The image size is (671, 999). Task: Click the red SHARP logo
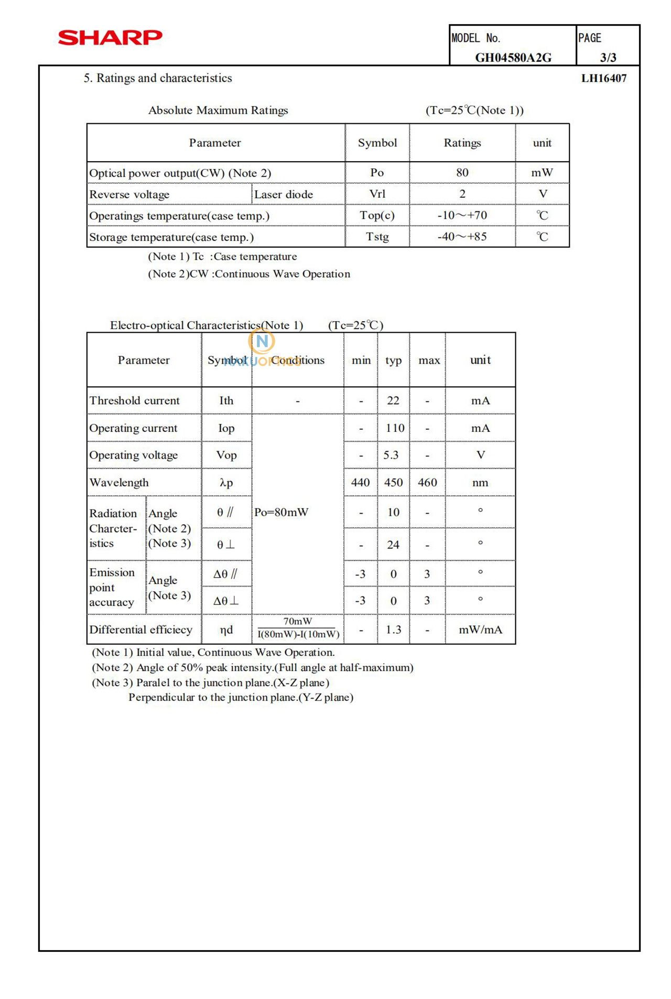click(x=110, y=38)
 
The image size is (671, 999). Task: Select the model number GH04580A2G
click(x=513, y=58)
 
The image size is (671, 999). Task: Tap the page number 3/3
click(x=608, y=58)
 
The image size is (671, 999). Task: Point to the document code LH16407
click(x=604, y=79)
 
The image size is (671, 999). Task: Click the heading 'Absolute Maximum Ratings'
click(x=218, y=110)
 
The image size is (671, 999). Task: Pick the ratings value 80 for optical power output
click(x=462, y=173)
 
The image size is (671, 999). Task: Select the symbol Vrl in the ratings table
click(x=377, y=194)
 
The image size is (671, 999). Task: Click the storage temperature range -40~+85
click(x=462, y=237)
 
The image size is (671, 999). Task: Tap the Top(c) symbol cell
click(x=377, y=216)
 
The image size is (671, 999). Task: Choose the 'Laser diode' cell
click(x=284, y=195)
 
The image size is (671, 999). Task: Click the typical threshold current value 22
click(x=393, y=401)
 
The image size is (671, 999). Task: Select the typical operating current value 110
click(x=395, y=428)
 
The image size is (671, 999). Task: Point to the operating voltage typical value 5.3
click(x=391, y=455)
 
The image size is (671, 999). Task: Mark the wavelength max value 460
click(x=427, y=483)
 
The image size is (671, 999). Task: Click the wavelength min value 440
click(x=360, y=483)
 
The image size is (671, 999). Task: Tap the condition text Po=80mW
click(x=281, y=513)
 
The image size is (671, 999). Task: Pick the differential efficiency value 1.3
click(x=393, y=630)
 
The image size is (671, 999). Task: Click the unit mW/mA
click(x=480, y=630)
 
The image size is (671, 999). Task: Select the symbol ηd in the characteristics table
click(x=226, y=630)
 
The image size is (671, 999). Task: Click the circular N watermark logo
click(x=262, y=342)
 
